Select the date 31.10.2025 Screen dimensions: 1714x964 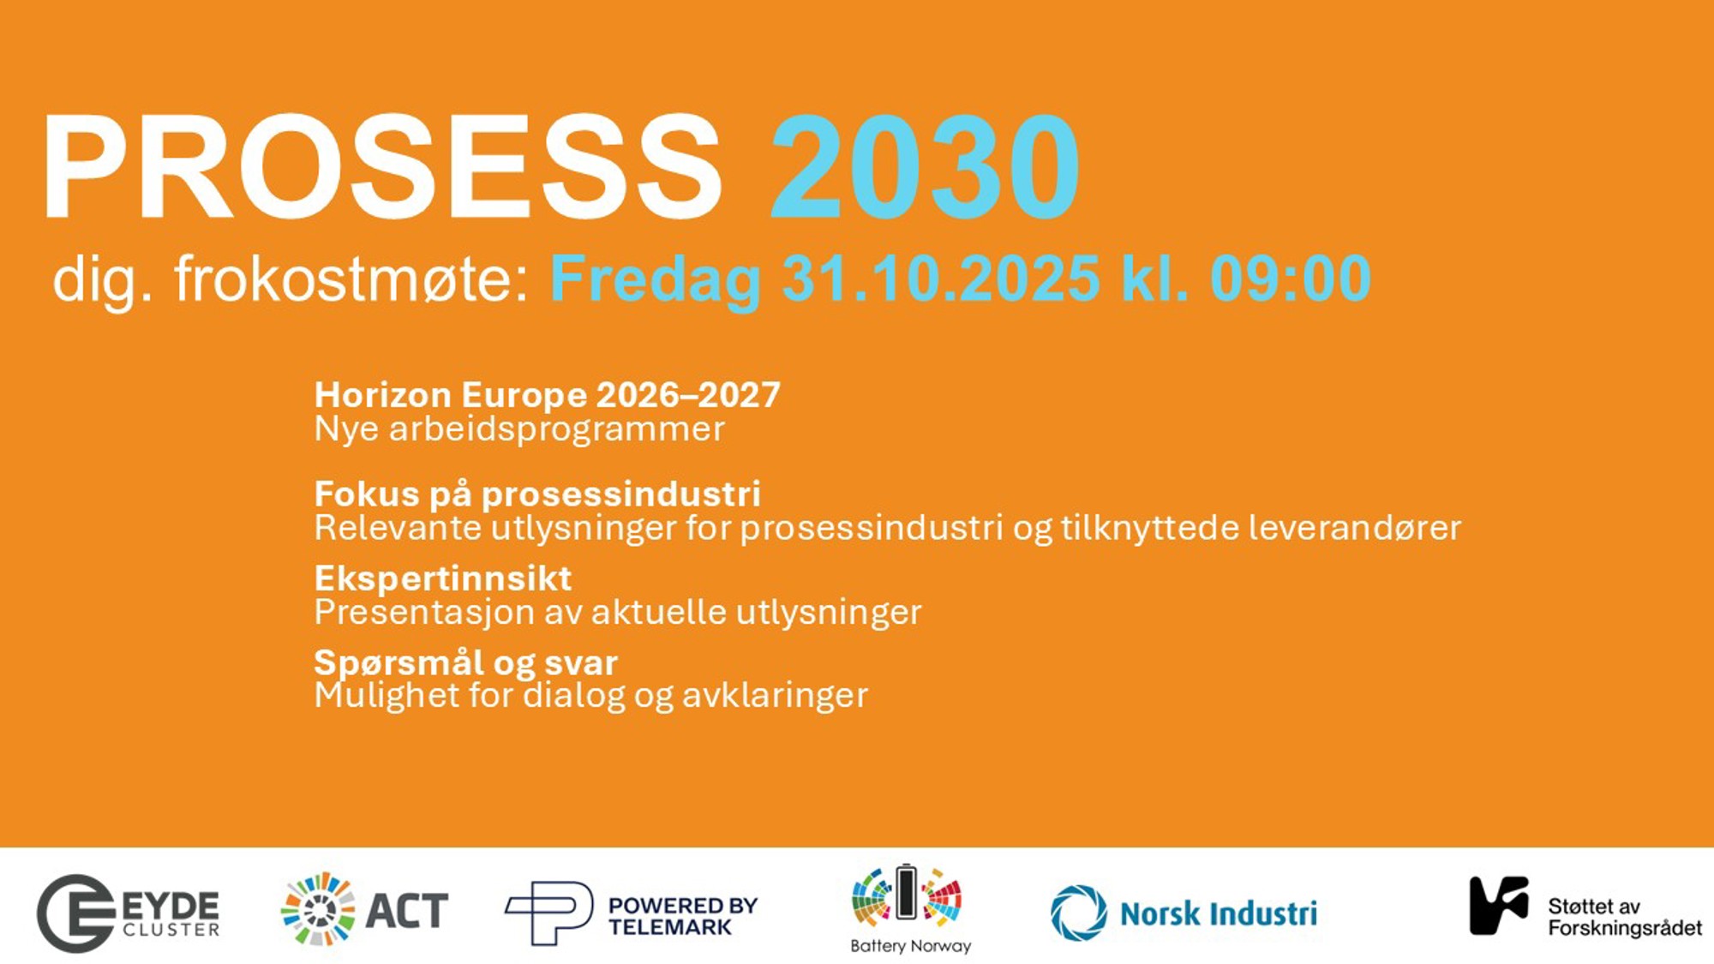click(940, 278)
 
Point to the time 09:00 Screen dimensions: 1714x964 click(1290, 278)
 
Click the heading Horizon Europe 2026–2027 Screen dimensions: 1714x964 click(548, 395)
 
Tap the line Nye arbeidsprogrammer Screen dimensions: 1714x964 click(519, 429)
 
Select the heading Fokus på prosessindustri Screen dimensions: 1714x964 click(537, 494)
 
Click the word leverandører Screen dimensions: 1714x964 click(1354, 527)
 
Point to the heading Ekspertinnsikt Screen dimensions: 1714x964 click(442, 578)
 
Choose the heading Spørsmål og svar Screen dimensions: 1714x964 click(465, 663)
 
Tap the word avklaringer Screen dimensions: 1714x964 click(775, 695)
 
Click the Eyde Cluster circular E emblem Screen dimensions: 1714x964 click(75, 913)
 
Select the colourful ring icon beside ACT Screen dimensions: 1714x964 click(318, 909)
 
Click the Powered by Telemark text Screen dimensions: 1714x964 click(683, 916)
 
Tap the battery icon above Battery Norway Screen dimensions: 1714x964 click(906, 892)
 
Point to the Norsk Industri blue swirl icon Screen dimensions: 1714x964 click(1079, 913)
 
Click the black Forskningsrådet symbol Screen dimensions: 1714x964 click(1499, 905)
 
